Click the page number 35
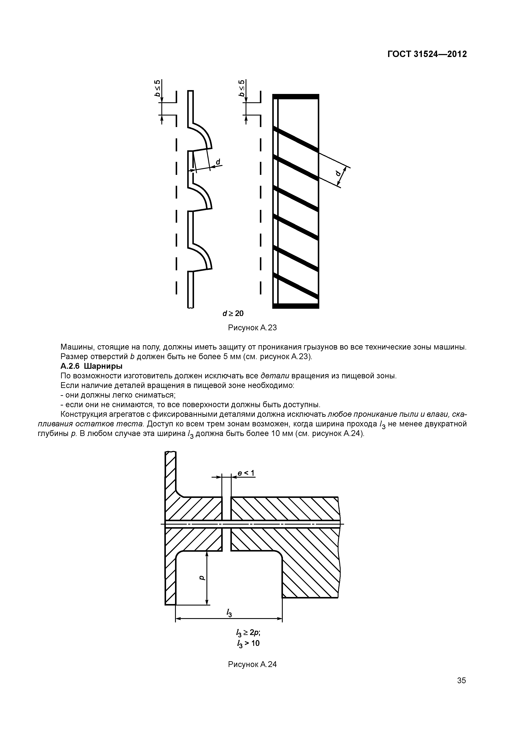pyautogui.click(x=461, y=680)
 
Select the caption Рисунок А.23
pyautogui.click(x=252, y=328)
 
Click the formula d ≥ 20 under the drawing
pyautogui.click(x=233, y=313)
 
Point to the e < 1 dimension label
pyautogui.click(x=246, y=473)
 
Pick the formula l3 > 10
pyautogui.click(x=248, y=643)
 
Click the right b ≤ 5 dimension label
pyautogui.click(x=242, y=88)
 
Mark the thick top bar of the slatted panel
pyautogui.click(x=296, y=96)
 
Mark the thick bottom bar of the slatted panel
pyautogui.click(x=296, y=306)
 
